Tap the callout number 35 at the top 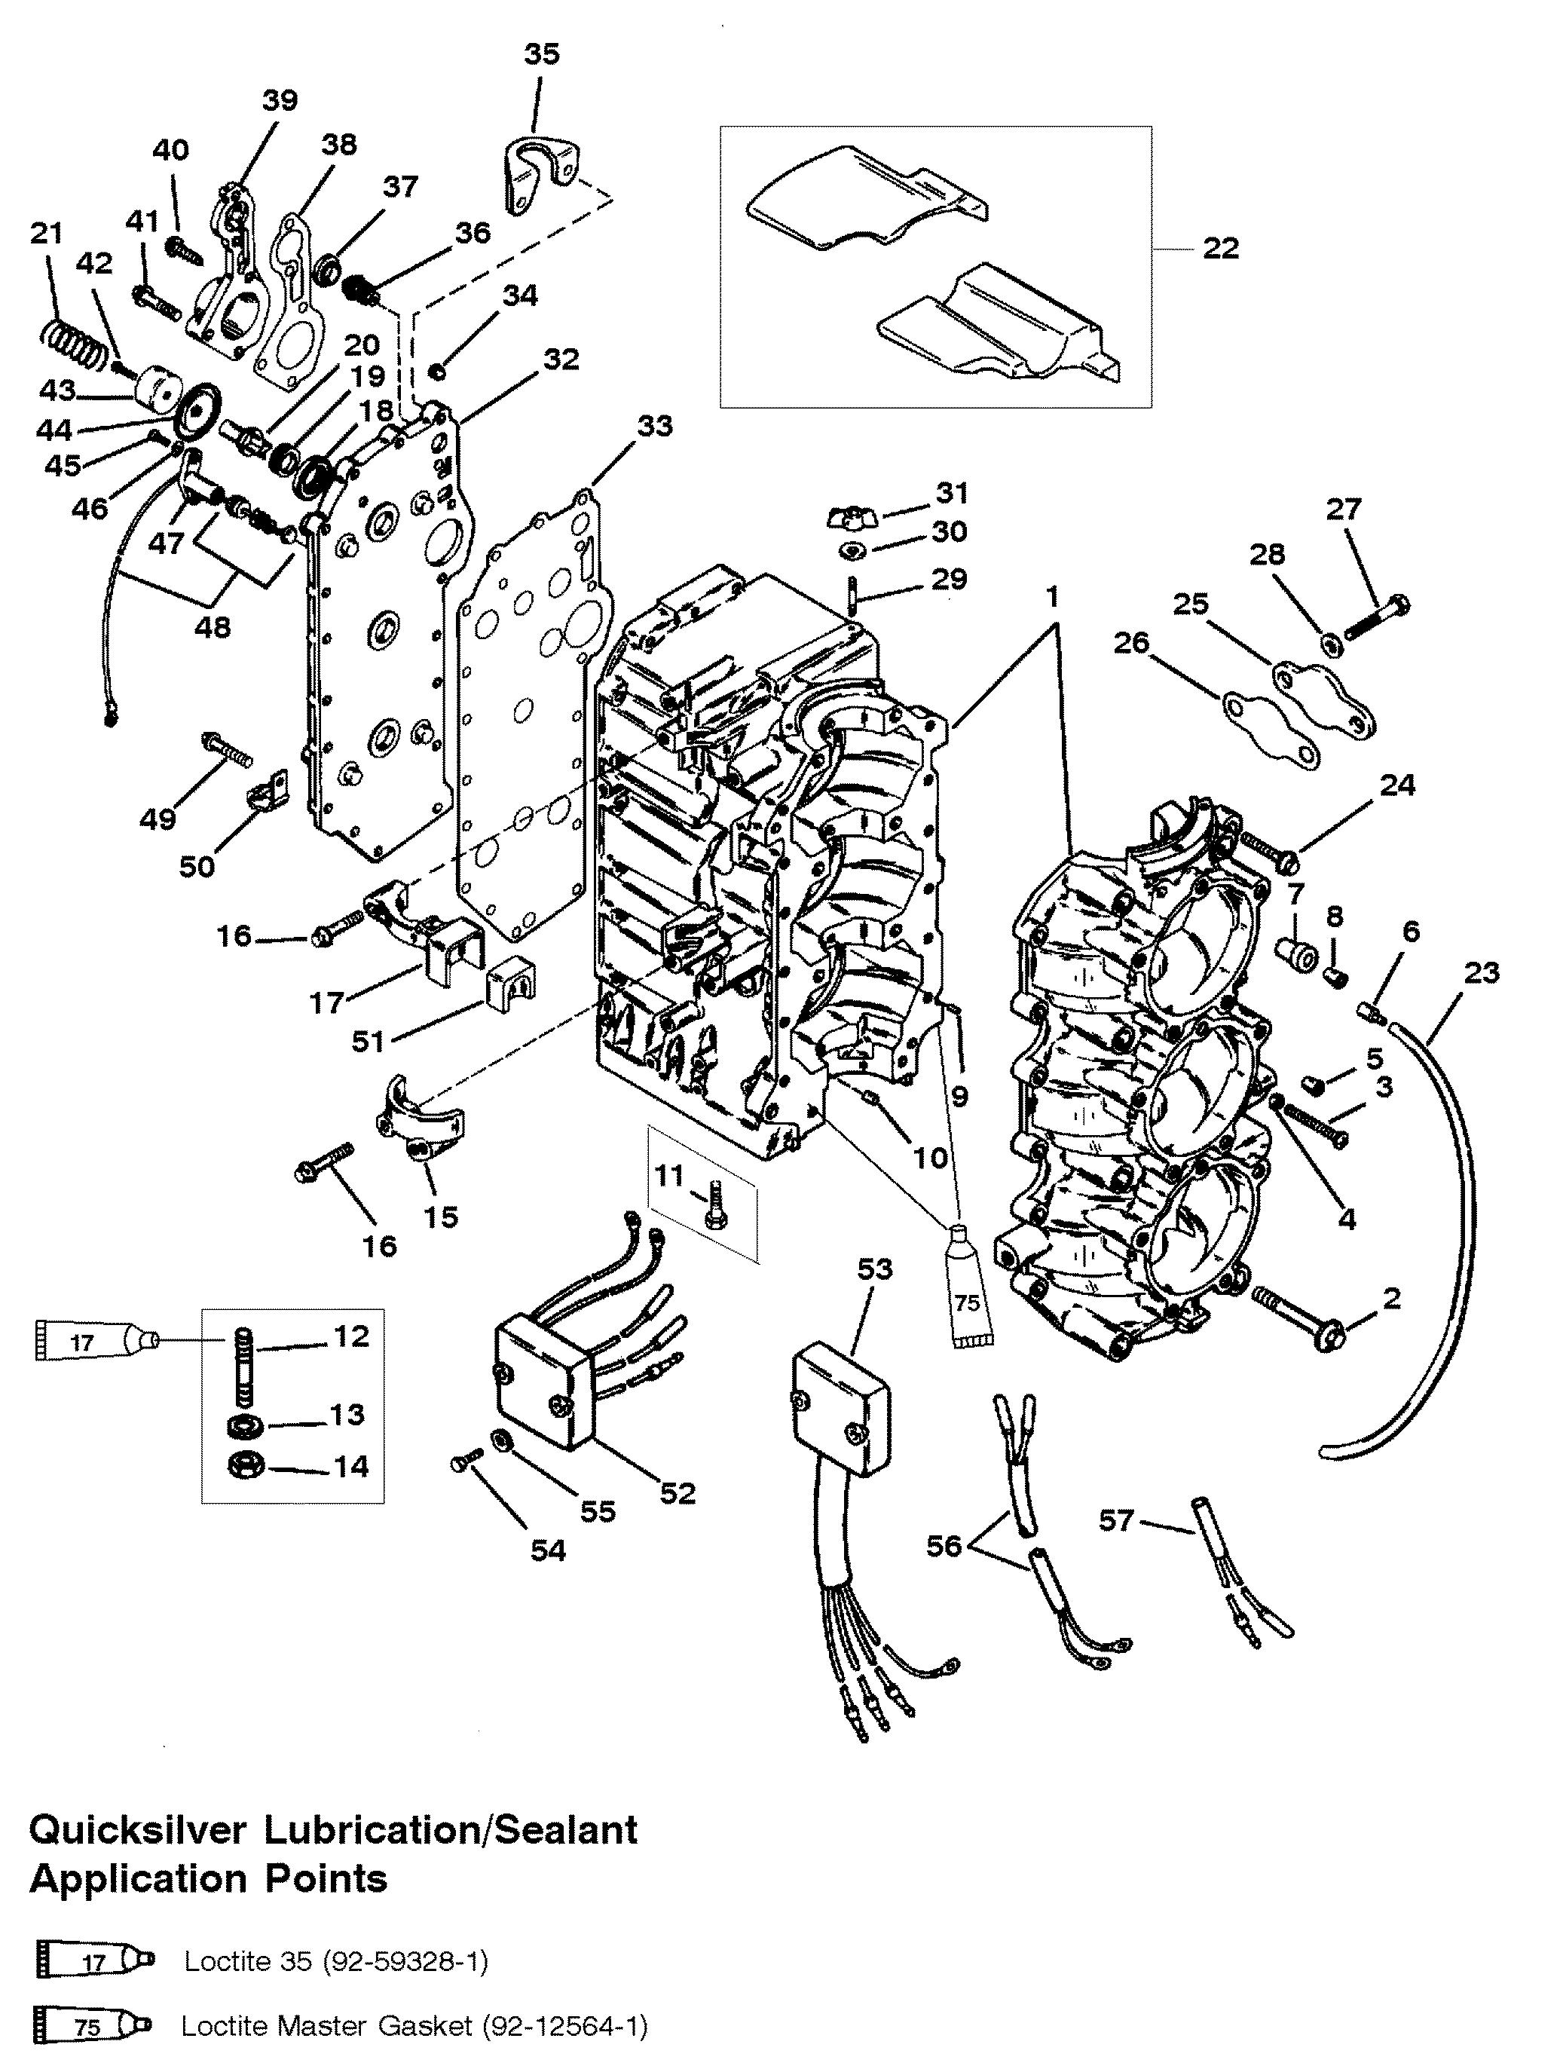pyautogui.click(x=542, y=54)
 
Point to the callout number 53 pyautogui.click(x=876, y=1269)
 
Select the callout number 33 pyautogui.click(x=655, y=426)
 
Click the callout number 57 pyautogui.click(x=1116, y=1521)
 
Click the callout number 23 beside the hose pyautogui.click(x=1482, y=973)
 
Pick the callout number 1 pyautogui.click(x=1052, y=595)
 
